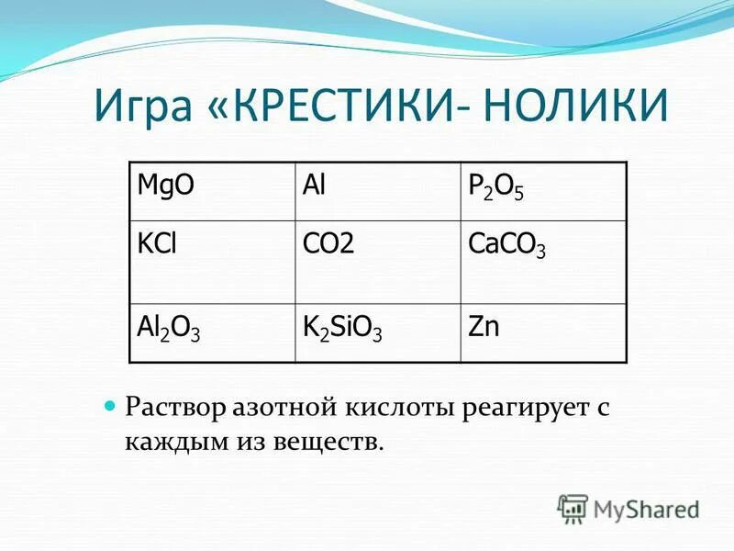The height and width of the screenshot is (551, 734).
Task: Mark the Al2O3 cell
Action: (168, 328)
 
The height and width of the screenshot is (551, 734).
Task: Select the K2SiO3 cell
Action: (342, 328)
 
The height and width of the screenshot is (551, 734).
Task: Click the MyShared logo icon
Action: (573, 507)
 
